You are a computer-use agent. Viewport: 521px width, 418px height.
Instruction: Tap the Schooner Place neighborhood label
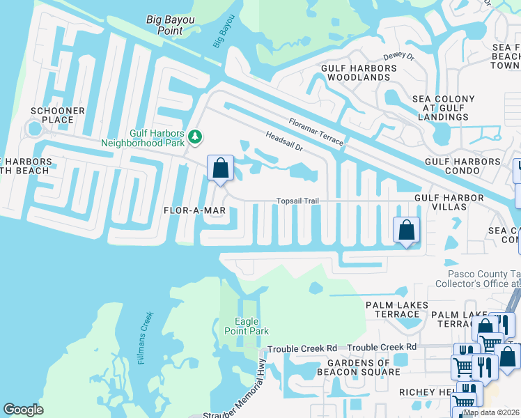click(x=57, y=115)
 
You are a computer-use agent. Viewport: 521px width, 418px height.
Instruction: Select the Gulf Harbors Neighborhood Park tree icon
click(x=196, y=137)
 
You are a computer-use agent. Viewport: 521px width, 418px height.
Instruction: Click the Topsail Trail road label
click(x=297, y=201)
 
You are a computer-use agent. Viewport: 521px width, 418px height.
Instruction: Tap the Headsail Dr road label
click(x=285, y=142)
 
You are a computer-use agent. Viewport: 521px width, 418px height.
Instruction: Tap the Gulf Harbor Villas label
click(x=449, y=203)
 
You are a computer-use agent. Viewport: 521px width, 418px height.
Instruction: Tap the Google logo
click(x=24, y=410)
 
